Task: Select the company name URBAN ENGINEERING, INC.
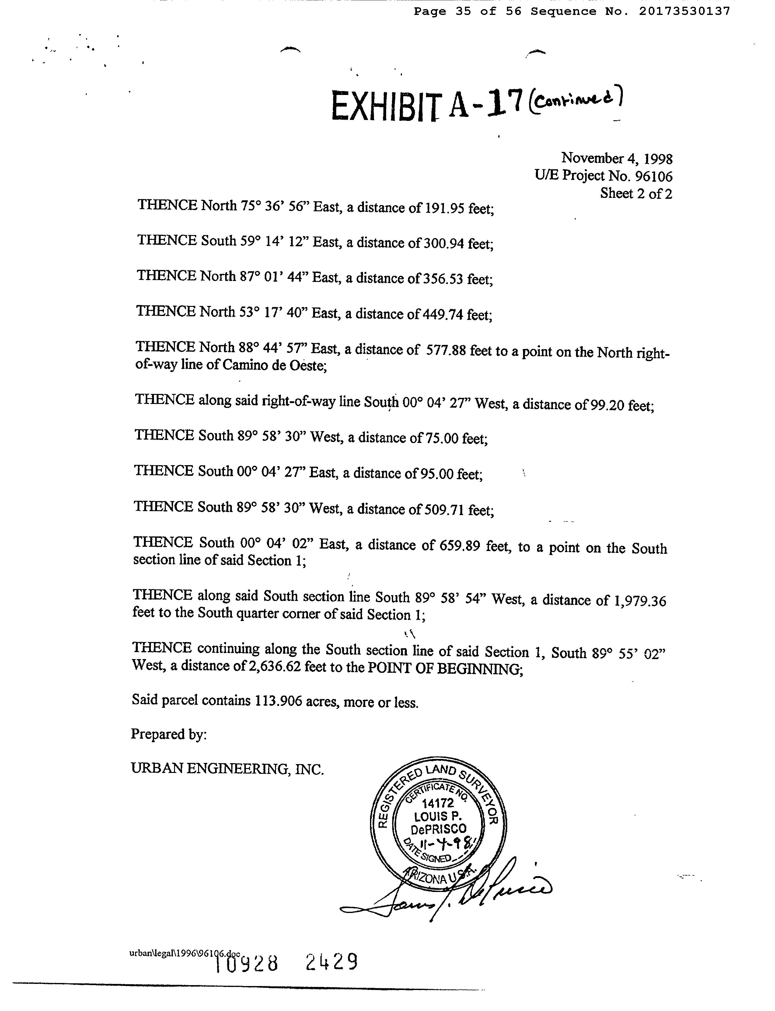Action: (227, 769)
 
